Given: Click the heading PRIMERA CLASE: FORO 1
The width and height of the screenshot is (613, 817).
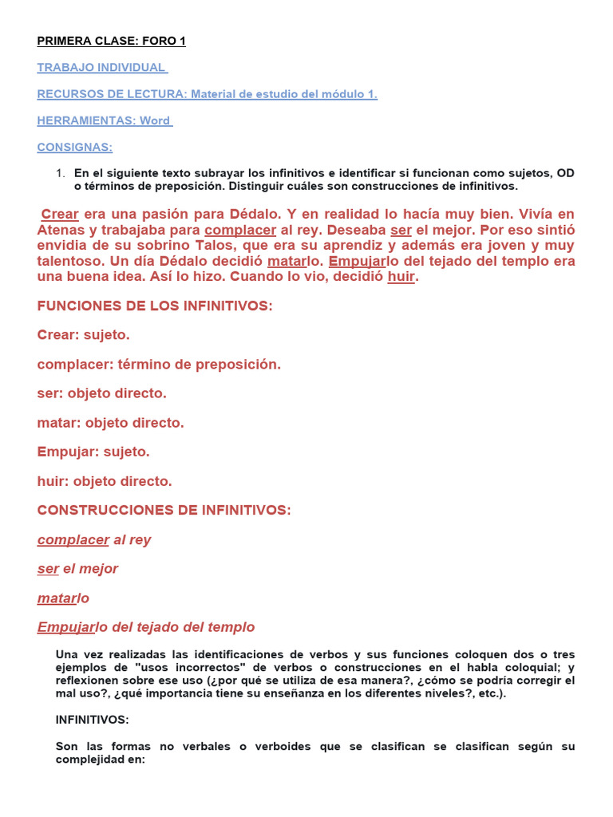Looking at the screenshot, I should click(111, 41).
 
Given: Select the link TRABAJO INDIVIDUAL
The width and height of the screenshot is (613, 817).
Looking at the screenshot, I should click(102, 68).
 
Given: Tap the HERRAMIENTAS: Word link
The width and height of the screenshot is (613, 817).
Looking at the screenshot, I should click(105, 120).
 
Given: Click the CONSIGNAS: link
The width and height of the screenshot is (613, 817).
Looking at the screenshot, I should click(75, 147).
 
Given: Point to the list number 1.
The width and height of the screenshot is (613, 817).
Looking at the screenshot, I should click(59, 173).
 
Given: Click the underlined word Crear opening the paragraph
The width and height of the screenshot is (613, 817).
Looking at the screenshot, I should click(60, 215).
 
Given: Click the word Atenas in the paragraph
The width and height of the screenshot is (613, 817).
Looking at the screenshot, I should click(62, 231).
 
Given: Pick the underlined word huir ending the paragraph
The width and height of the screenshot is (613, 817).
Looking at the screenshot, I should click(401, 277).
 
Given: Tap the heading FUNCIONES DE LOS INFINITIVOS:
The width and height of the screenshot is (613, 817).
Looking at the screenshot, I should click(155, 306).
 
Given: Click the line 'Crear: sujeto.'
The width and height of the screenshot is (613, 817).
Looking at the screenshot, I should click(83, 335).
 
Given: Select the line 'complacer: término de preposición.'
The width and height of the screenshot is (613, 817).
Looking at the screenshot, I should click(159, 365).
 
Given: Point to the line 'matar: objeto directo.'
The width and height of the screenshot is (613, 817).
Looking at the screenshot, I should click(110, 423).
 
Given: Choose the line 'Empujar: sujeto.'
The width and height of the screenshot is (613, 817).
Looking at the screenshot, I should click(93, 452).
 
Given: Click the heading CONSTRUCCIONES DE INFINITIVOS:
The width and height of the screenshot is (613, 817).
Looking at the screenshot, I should click(164, 511).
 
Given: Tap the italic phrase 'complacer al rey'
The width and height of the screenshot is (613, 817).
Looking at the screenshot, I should click(94, 540).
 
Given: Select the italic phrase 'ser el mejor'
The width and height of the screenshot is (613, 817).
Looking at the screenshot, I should click(77, 569).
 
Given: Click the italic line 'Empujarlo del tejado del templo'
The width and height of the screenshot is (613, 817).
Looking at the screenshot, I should click(146, 627).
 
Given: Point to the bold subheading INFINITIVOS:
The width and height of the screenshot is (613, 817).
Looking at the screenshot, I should click(92, 720).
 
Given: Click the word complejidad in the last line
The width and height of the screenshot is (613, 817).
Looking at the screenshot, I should click(94, 760).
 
